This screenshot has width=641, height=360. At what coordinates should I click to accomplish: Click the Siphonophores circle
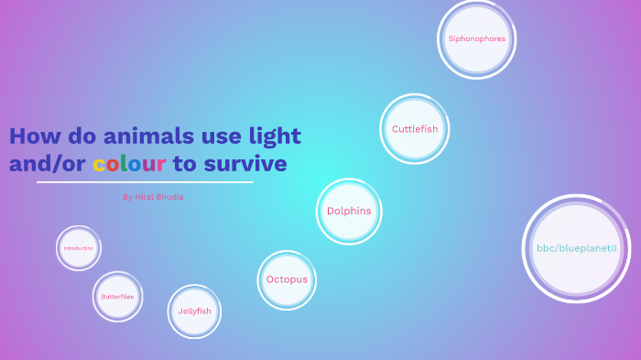click(476, 38)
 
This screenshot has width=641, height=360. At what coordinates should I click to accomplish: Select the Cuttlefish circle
click(415, 129)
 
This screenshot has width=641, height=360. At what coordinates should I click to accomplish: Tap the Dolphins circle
click(349, 211)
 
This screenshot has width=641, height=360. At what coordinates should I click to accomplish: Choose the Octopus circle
click(287, 279)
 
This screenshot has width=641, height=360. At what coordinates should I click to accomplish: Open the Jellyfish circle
click(194, 311)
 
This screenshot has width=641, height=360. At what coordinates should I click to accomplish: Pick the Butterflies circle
click(117, 297)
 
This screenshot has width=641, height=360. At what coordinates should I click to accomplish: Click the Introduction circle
click(79, 248)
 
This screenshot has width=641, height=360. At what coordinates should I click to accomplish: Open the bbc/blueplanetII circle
click(576, 248)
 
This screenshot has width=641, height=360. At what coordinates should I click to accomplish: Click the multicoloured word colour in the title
click(129, 164)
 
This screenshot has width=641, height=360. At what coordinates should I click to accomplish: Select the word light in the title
click(275, 136)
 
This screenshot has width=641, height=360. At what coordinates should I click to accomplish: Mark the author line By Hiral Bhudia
click(152, 196)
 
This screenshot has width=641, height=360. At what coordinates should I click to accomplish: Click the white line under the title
click(144, 182)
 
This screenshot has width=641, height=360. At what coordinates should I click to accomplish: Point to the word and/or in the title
click(48, 164)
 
